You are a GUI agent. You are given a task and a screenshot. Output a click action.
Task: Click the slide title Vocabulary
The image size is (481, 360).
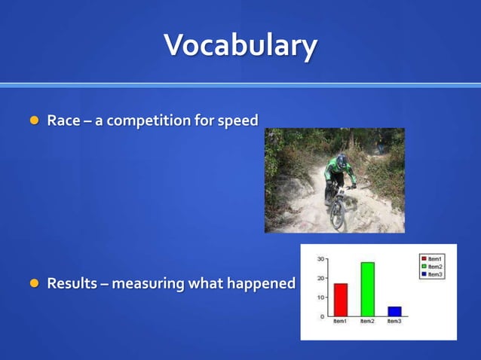point(240,45)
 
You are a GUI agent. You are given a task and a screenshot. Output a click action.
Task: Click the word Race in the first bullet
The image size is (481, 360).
point(63,120)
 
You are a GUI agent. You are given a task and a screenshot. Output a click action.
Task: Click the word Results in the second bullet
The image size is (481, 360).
point(71,283)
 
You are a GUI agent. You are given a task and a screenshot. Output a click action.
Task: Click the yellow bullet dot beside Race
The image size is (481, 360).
point(33,121)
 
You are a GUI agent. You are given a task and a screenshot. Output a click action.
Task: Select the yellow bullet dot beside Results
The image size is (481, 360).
point(33,283)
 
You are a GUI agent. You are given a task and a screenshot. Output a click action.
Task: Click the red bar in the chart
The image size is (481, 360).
point(340,300)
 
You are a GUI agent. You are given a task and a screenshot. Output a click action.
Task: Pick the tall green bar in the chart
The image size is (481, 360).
point(367,289)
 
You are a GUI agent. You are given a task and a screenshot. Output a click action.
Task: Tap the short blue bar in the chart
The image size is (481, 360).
point(394,311)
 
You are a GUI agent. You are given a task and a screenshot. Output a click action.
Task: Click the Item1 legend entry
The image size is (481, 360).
point(434,259)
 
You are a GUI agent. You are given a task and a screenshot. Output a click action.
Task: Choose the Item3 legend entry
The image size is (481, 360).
point(434,275)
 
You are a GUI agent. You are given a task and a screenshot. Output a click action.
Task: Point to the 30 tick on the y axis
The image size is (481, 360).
point(320,258)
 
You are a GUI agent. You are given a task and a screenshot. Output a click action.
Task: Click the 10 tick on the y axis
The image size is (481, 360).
point(320,297)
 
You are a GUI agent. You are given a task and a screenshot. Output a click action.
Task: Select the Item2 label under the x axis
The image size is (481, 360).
point(367,322)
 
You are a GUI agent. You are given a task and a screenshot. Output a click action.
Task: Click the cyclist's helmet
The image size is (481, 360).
point(342,161)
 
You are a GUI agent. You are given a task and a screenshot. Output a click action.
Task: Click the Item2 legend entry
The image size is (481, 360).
point(434,267)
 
